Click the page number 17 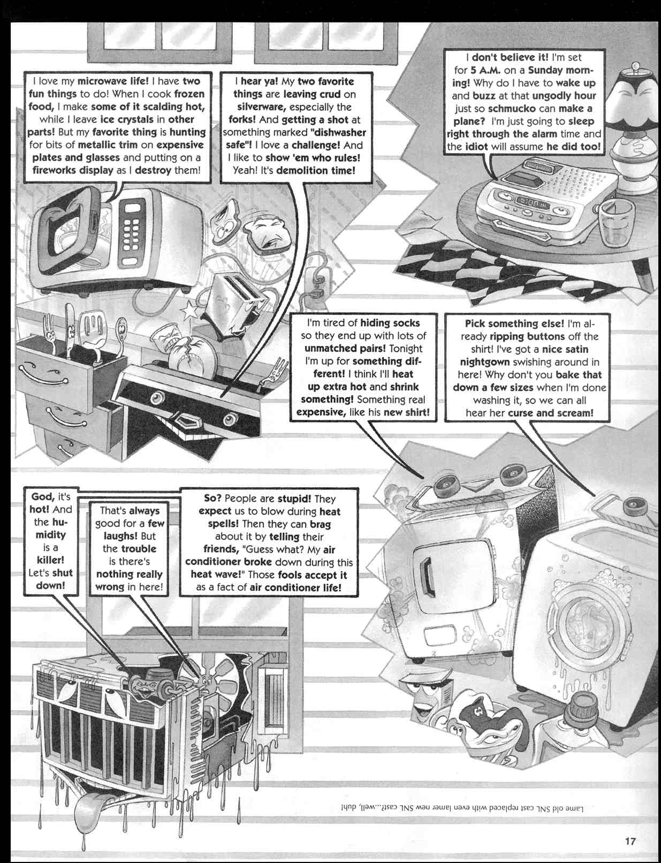tap(630, 841)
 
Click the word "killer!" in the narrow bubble tap(51, 560)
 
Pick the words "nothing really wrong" tap(128, 580)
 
